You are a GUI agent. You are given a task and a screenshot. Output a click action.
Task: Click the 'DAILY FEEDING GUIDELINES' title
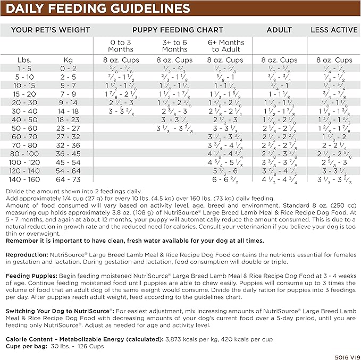(x=98, y=8)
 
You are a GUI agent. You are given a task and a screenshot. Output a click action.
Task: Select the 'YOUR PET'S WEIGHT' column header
(x=51, y=30)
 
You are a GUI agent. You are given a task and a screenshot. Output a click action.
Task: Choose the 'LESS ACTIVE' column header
(x=334, y=30)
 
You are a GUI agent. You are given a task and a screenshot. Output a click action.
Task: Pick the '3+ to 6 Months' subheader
(x=174, y=46)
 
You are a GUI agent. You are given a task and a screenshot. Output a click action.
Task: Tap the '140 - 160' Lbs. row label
(x=24, y=179)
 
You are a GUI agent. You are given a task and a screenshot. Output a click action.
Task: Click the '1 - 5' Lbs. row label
(x=24, y=68)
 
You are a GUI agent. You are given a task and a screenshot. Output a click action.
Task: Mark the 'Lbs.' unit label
(x=24, y=60)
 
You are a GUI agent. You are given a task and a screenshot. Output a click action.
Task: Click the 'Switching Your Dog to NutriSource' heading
(x=58, y=310)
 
